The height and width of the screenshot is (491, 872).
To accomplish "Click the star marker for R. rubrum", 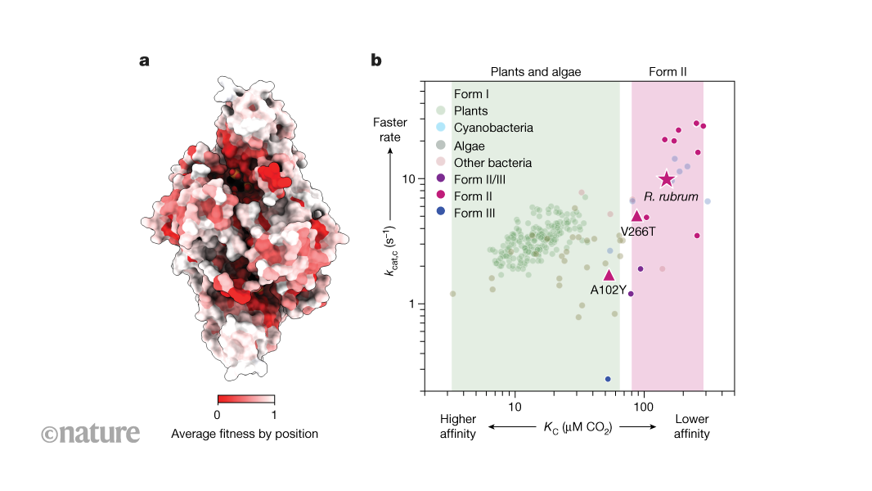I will click(x=666, y=179).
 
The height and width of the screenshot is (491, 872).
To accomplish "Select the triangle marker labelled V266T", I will click(x=636, y=216).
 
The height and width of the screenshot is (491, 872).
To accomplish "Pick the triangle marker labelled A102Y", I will click(x=608, y=276).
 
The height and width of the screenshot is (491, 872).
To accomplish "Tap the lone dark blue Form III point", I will click(x=608, y=379).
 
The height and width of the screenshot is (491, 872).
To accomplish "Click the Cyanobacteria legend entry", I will click(x=493, y=128).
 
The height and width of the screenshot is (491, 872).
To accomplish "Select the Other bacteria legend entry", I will click(x=492, y=162).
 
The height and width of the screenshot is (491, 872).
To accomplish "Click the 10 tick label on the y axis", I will click(x=411, y=178).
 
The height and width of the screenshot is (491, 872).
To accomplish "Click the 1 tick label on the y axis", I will click(x=414, y=304).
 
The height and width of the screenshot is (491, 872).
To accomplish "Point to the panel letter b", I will click(x=376, y=60).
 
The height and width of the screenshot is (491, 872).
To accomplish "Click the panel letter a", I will click(x=145, y=60).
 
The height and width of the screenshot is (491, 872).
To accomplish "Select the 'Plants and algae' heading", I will click(x=535, y=72).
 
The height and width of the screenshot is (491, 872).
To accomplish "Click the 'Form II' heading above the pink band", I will click(x=667, y=72).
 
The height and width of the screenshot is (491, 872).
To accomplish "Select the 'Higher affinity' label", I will click(x=458, y=426).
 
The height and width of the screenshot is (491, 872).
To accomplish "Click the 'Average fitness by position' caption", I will click(x=245, y=434).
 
